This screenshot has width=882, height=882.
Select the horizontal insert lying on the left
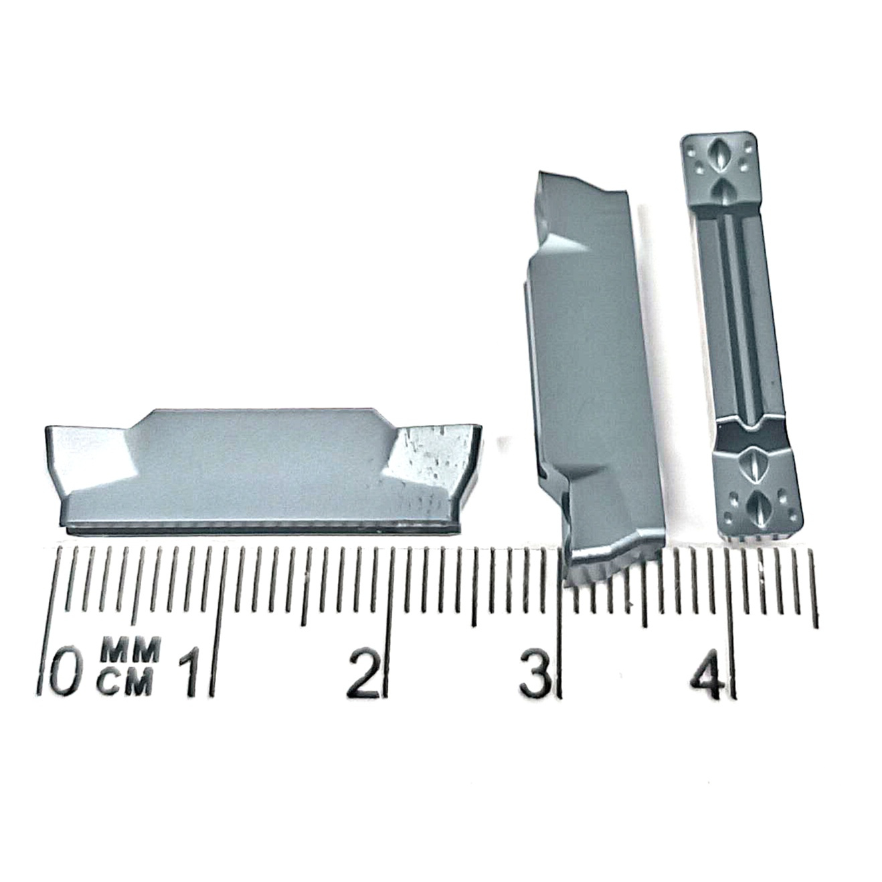coord(263,472)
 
